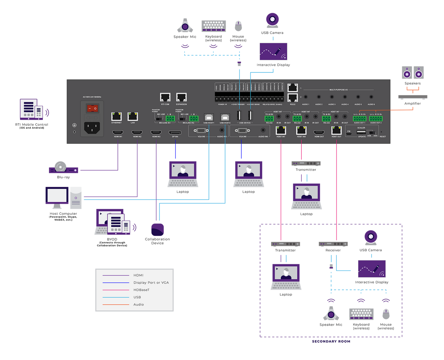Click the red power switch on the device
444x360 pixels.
(92, 108)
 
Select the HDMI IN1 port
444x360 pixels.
(117, 132)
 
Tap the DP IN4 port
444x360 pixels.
(175, 132)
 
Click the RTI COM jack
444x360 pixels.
(165, 97)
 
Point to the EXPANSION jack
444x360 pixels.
(181, 97)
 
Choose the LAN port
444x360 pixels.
(132, 116)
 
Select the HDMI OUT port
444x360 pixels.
(319, 132)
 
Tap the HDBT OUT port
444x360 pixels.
(336, 130)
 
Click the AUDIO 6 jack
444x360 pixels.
(371, 97)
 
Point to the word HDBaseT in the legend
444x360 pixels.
(141, 290)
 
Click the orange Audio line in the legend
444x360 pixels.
(116, 304)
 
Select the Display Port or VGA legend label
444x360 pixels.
(151, 282)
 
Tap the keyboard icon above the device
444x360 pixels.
(214, 26)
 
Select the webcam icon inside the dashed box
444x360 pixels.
(371, 237)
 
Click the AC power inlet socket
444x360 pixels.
(92, 127)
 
